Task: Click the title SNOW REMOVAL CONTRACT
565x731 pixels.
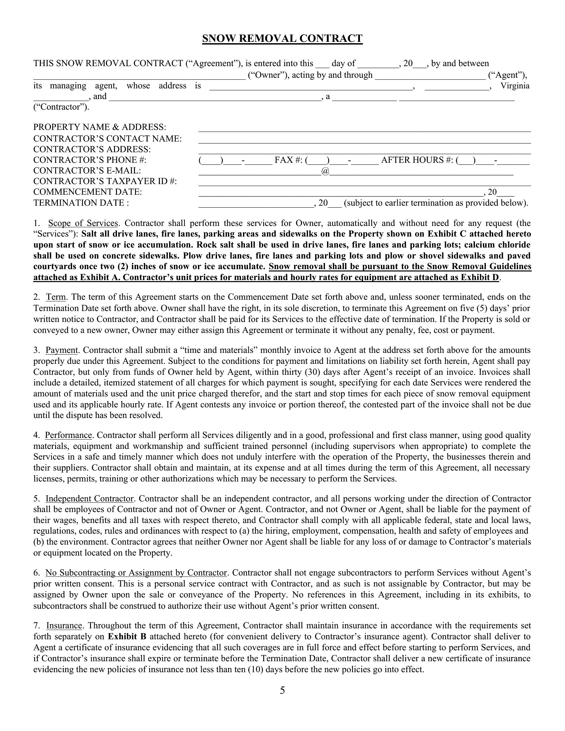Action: pyautogui.click(x=282, y=39)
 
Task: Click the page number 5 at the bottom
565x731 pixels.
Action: pyautogui.click(x=282, y=690)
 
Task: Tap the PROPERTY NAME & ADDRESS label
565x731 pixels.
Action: pyautogui.click(x=100, y=127)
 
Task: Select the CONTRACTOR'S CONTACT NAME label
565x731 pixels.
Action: pyautogui.click(x=107, y=139)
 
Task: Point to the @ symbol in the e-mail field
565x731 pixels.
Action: pyautogui.click(x=325, y=171)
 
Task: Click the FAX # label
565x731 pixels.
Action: pyautogui.click(x=288, y=160)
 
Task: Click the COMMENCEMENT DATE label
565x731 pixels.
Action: pyautogui.click(x=88, y=192)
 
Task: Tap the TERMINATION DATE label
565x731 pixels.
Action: pyautogui.click(x=81, y=203)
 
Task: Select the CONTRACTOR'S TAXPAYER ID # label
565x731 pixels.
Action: pyautogui.click(x=105, y=181)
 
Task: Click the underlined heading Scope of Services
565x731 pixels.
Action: pyautogui.click(x=83, y=223)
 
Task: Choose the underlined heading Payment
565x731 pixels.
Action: pyautogui.click(x=61, y=351)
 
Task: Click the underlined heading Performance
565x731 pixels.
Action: pyautogui.click(x=68, y=436)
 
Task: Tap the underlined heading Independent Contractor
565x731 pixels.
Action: pyautogui.click(x=90, y=499)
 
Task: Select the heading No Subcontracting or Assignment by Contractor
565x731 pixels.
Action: pyautogui.click(x=136, y=573)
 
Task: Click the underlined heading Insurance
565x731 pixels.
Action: pyautogui.click(x=64, y=626)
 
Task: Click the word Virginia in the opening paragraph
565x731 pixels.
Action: pyautogui.click(x=515, y=86)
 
